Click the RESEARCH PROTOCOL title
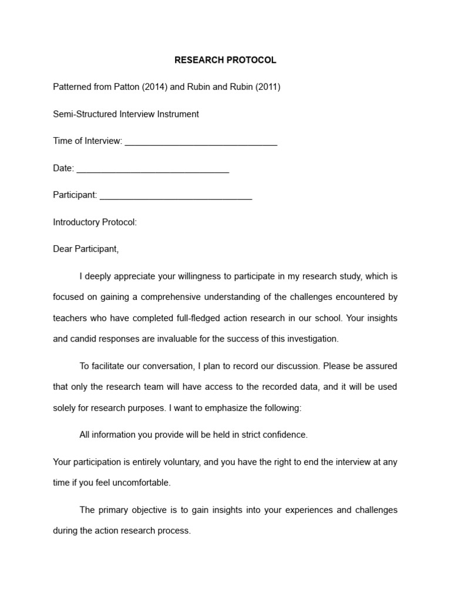point(225,60)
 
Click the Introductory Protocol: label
point(95,222)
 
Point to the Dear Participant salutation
point(86,249)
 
